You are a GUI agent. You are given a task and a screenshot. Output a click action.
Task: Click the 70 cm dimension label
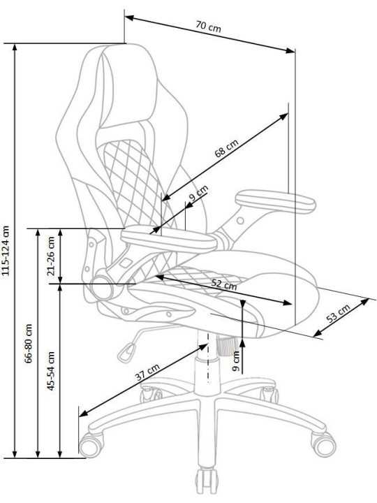(x=208, y=27)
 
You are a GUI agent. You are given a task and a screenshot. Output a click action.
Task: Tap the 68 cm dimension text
(x=227, y=148)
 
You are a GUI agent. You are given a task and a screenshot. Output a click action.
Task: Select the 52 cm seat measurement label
(x=224, y=284)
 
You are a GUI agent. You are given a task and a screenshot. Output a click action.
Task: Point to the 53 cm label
(x=338, y=314)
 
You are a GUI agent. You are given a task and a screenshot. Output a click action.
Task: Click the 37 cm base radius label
(x=147, y=372)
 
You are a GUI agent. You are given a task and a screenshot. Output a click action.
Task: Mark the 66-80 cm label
(x=29, y=343)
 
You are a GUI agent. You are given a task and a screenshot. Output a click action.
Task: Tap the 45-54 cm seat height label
(x=51, y=371)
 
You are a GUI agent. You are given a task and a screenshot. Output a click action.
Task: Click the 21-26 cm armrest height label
(x=51, y=256)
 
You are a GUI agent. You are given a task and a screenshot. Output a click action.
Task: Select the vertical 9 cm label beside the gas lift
(x=236, y=361)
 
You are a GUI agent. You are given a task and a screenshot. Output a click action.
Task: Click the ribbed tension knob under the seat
(x=226, y=345)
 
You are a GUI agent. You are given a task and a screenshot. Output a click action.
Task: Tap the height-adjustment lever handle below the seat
(x=127, y=352)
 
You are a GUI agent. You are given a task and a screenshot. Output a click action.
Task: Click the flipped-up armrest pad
(x=276, y=201)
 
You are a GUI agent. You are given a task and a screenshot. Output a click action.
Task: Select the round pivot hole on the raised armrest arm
(x=240, y=221)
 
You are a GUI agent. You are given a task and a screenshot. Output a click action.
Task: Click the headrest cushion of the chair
(x=128, y=87)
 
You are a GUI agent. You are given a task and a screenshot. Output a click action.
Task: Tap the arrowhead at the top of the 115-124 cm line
(x=15, y=48)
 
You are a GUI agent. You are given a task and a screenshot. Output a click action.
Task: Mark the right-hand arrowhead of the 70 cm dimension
(x=290, y=50)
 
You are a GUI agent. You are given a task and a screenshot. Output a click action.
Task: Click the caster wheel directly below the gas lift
(x=207, y=482)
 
